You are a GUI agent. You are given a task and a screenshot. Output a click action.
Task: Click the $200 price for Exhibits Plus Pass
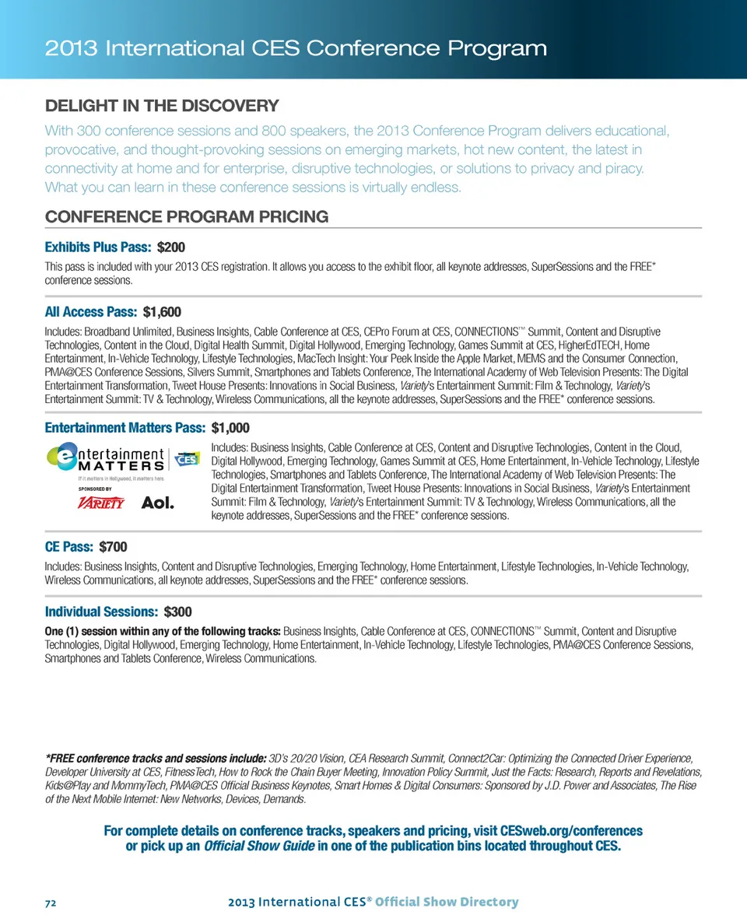click(x=171, y=248)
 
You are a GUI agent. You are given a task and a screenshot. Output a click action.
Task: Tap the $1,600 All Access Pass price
click(x=162, y=312)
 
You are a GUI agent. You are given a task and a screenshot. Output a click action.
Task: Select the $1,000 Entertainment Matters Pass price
click(x=230, y=427)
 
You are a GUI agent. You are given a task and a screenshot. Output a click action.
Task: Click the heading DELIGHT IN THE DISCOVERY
click(x=162, y=105)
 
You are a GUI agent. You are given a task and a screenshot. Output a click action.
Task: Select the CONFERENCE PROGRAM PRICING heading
click(x=187, y=216)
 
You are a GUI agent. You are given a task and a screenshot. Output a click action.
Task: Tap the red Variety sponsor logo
click(x=102, y=503)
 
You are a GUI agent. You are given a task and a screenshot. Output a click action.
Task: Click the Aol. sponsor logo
click(x=157, y=503)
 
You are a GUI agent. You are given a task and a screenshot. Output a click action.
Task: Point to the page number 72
click(x=51, y=903)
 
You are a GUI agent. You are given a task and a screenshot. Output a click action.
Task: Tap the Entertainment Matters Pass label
click(x=126, y=427)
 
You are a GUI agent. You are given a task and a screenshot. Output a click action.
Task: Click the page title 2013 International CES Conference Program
click(x=296, y=49)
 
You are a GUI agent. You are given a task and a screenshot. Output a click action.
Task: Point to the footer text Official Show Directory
click(x=454, y=903)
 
